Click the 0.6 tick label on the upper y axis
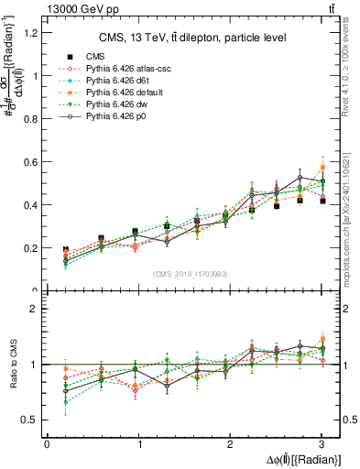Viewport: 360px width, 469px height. point(32,162)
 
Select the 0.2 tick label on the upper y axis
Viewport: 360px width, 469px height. point(32,248)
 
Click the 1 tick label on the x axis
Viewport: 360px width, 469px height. point(138,444)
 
